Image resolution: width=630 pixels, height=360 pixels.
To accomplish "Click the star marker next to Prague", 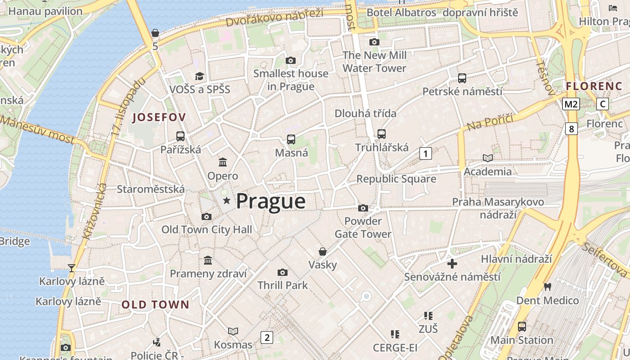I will click(x=226, y=201).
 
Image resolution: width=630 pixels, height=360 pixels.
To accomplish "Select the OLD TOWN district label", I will click(x=155, y=305).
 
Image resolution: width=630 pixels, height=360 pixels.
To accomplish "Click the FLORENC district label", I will click(x=594, y=86).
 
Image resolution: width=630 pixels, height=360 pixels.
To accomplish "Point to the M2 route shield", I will click(x=571, y=104).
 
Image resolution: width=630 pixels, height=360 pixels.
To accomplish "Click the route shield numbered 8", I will click(x=571, y=129).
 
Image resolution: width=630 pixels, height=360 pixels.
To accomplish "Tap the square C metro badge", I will click(x=602, y=104).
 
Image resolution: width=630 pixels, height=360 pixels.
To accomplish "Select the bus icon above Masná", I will click(x=291, y=139).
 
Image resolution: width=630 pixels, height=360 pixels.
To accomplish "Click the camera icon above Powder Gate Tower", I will click(x=363, y=208).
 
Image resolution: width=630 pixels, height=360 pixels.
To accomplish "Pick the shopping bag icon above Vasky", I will click(x=322, y=251).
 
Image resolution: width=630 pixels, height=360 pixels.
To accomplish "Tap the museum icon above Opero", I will click(x=223, y=162).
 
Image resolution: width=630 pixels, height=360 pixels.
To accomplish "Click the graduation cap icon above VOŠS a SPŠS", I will click(x=199, y=76).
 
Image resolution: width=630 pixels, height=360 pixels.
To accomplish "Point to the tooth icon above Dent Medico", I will click(x=547, y=287).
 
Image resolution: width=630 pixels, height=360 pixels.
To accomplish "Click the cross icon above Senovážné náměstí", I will click(x=452, y=263).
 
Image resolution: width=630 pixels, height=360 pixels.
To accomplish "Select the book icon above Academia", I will click(x=487, y=158).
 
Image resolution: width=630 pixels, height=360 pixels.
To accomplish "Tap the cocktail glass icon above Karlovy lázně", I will click(x=72, y=268).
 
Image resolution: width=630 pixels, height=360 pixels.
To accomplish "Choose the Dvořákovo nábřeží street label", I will click(x=274, y=17).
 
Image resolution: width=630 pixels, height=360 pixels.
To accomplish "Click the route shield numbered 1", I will click(x=425, y=153).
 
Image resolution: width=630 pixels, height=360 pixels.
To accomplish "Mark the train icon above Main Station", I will click(x=522, y=326).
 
